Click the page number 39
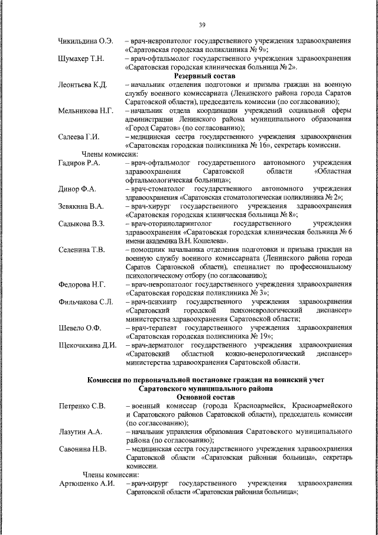tap(201, 24)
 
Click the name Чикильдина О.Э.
tap(86, 42)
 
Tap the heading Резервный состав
tap(204, 76)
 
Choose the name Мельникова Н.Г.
tap(87, 111)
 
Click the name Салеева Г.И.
tap(79, 137)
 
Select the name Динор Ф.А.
tap(77, 189)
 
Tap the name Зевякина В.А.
tap(82, 206)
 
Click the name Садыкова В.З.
tap(82, 223)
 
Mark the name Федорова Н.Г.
tap(82, 284)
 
